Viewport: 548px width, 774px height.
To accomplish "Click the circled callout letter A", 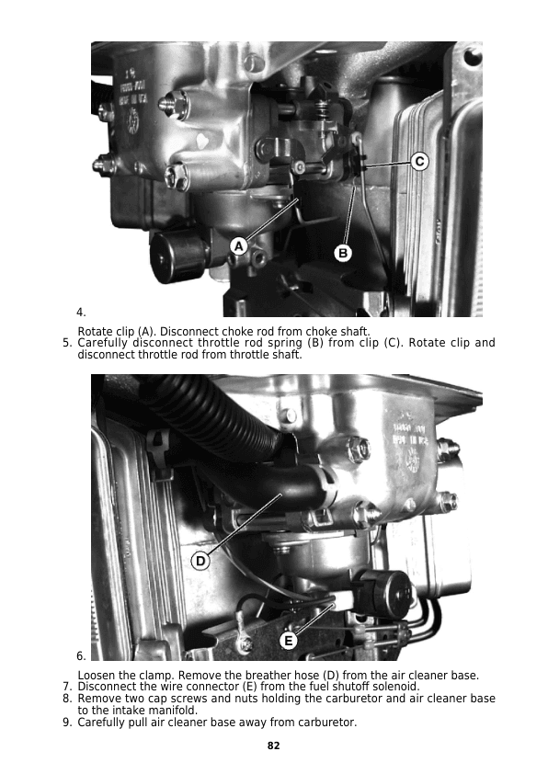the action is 239,245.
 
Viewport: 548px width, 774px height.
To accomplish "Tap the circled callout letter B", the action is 343,254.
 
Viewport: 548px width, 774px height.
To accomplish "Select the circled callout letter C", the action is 419,162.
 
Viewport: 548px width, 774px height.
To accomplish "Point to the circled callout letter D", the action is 200,562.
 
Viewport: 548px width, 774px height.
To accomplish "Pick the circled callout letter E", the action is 289,641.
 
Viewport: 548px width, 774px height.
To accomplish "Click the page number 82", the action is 273,746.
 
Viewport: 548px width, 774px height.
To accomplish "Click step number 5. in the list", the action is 68,343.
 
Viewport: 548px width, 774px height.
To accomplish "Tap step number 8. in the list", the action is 68,699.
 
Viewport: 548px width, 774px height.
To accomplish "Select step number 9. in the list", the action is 68,723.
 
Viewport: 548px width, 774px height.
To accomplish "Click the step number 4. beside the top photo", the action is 81,313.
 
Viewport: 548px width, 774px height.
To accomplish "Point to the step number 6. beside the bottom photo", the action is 81,656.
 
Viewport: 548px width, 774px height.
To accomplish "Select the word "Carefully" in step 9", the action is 101,723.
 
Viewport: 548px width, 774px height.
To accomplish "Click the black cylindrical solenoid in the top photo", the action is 176,256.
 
